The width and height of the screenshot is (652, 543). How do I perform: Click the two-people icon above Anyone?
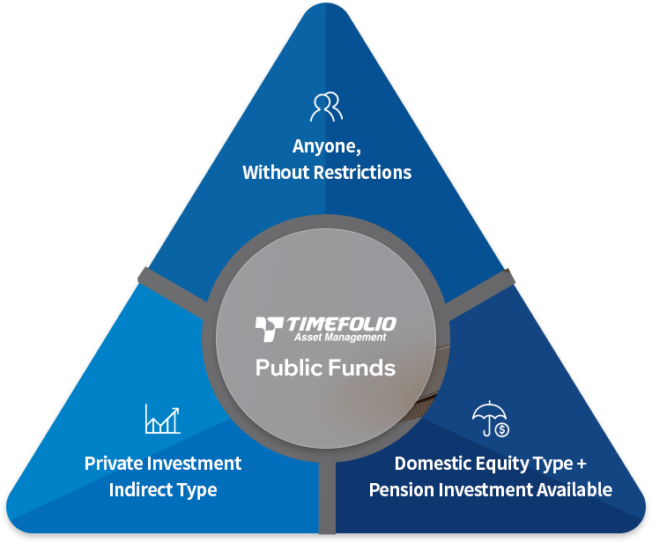pyautogui.click(x=326, y=107)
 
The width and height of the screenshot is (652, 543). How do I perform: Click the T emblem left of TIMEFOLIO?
pyautogui.click(x=268, y=329)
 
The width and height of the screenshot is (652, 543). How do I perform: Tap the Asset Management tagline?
pyautogui.click(x=339, y=338)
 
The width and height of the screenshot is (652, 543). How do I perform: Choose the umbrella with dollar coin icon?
pyautogui.click(x=490, y=420)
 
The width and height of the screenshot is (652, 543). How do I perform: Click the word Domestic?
pyautogui.click(x=433, y=463)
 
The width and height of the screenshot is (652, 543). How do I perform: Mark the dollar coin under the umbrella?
pyautogui.click(x=501, y=429)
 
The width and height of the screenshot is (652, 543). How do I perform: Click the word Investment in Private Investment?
pyautogui.click(x=199, y=463)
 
